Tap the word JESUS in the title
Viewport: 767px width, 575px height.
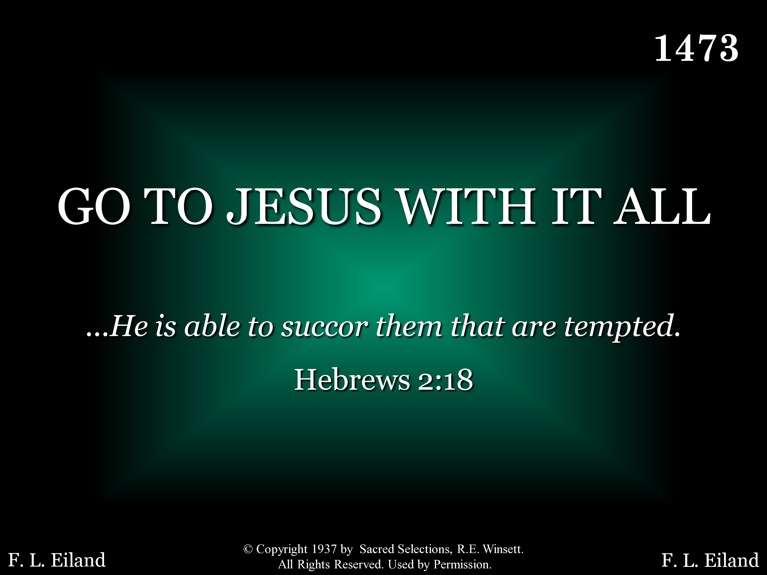pos(304,206)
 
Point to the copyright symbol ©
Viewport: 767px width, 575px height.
pos(248,549)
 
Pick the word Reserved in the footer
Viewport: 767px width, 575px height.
pos(358,565)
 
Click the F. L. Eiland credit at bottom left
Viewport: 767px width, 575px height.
pos(57,560)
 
